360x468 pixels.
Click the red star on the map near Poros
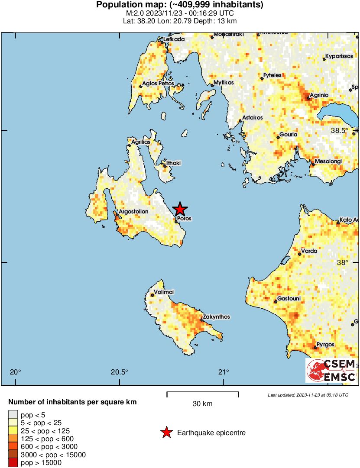(x=180, y=210)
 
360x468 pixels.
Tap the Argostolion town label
(x=133, y=212)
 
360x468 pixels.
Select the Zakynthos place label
(x=218, y=317)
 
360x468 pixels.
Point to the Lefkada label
(x=174, y=39)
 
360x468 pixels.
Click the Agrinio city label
(x=319, y=95)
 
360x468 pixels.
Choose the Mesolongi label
(x=328, y=161)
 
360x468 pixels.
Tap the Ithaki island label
(x=173, y=163)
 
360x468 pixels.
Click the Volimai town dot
(x=152, y=295)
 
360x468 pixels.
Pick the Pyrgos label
(x=325, y=345)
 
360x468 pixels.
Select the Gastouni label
(x=289, y=299)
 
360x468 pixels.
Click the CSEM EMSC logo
(x=331, y=371)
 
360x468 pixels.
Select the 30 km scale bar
(x=202, y=394)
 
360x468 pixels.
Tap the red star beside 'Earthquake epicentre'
(x=166, y=432)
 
